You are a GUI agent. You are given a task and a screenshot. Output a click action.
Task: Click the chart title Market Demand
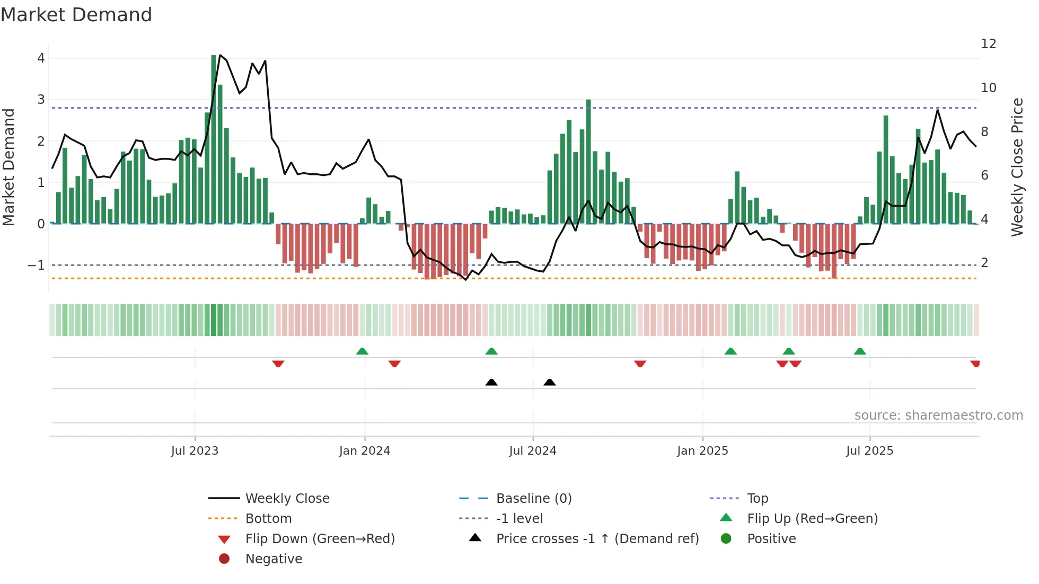tap(76, 15)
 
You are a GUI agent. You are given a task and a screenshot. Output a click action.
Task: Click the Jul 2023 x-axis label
tap(195, 451)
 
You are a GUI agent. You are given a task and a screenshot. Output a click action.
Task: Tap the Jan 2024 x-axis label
tap(365, 451)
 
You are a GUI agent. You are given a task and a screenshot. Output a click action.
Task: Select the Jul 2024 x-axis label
tap(533, 451)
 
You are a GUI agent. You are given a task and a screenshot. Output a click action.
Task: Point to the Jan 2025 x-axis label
tap(702, 451)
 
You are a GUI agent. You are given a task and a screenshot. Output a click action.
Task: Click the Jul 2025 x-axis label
tap(869, 451)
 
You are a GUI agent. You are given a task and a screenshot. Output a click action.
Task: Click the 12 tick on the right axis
tap(988, 44)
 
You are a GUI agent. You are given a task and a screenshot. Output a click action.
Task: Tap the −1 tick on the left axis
tap(37, 265)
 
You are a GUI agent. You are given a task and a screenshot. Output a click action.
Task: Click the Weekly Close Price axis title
tap(1017, 167)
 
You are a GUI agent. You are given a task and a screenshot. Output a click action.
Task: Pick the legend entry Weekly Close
tap(287, 498)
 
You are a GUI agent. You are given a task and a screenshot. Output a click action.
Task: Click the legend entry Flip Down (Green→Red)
tap(320, 539)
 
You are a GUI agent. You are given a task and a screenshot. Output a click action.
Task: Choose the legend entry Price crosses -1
tap(597, 539)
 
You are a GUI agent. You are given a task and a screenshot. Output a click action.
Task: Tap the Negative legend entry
tap(274, 559)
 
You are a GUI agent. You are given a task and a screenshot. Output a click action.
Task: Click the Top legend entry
tap(757, 498)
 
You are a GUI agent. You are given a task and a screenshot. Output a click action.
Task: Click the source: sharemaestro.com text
tap(938, 415)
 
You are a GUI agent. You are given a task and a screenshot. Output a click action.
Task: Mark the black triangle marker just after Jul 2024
tap(550, 382)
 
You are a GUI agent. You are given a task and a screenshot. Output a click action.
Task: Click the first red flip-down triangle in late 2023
tap(278, 364)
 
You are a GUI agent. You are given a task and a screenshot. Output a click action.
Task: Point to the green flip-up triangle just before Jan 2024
tap(362, 351)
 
